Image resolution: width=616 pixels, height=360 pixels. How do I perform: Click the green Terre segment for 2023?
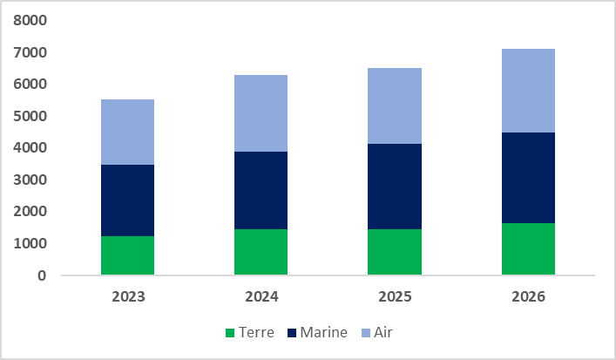(x=128, y=255)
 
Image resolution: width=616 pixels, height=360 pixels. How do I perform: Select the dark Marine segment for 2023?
(x=128, y=200)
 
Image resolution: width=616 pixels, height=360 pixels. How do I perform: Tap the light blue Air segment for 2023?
(x=128, y=132)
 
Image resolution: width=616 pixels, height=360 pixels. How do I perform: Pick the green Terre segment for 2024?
(x=261, y=252)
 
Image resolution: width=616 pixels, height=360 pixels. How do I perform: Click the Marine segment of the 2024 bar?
(x=261, y=190)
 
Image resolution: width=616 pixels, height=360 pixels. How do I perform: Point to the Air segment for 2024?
(x=261, y=113)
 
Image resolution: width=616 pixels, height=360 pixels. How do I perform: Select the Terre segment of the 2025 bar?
(x=395, y=252)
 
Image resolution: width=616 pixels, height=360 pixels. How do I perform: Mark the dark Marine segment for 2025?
(x=395, y=187)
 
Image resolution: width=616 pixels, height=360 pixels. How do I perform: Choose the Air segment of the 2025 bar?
(x=395, y=105)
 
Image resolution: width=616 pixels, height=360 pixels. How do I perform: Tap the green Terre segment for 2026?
(x=529, y=249)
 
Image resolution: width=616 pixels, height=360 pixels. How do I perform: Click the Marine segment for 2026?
(x=529, y=178)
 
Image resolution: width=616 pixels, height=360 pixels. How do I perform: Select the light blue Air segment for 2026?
(x=529, y=91)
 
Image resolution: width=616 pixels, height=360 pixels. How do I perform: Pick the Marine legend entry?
(x=319, y=332)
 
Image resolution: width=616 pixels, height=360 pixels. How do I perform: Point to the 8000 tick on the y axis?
(x=30, y=20)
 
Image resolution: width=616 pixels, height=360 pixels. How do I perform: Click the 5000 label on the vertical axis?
(x=30, y=116)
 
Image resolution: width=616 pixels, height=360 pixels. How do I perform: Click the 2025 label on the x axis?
(x=395, y=296)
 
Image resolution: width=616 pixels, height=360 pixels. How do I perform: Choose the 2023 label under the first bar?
(x=128, y=296)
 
